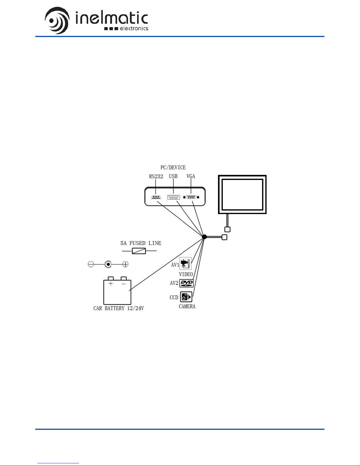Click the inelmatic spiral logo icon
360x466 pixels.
point(57,21)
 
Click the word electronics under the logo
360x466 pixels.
point(134,29)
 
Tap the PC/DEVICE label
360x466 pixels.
point(173,167)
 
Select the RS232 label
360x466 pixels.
point(156,176)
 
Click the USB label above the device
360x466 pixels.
point(173,176)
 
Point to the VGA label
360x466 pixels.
point(191,176)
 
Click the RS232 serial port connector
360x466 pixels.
point(156,197)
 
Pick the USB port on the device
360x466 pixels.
point(173,197)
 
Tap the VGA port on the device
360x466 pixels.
point(191,197)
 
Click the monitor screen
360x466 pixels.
point(242,194)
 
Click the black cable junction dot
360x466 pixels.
point(205,237)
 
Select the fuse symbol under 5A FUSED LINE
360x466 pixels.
point(139,251)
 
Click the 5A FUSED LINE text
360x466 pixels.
point(141,243)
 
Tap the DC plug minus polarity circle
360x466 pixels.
point(91,264)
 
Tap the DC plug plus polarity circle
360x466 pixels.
point(125,264)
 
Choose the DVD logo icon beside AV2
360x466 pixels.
point(186,283)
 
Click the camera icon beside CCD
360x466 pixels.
point(186,297)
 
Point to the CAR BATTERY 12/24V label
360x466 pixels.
point(118,308)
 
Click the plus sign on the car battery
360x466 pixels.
point(111,284)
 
